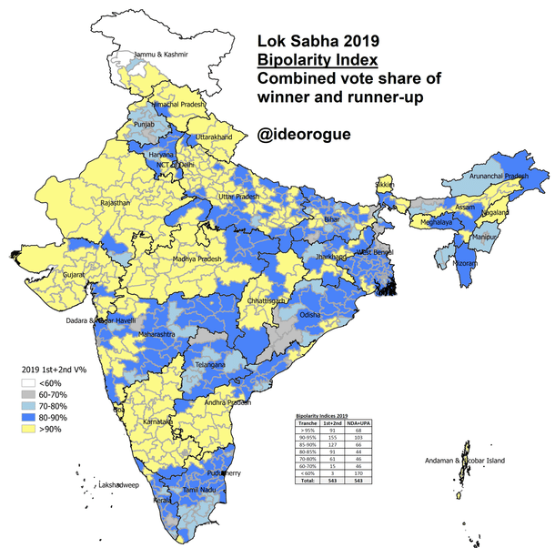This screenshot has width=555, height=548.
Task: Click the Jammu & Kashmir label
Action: pyautogui.click(x=162, y=55)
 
